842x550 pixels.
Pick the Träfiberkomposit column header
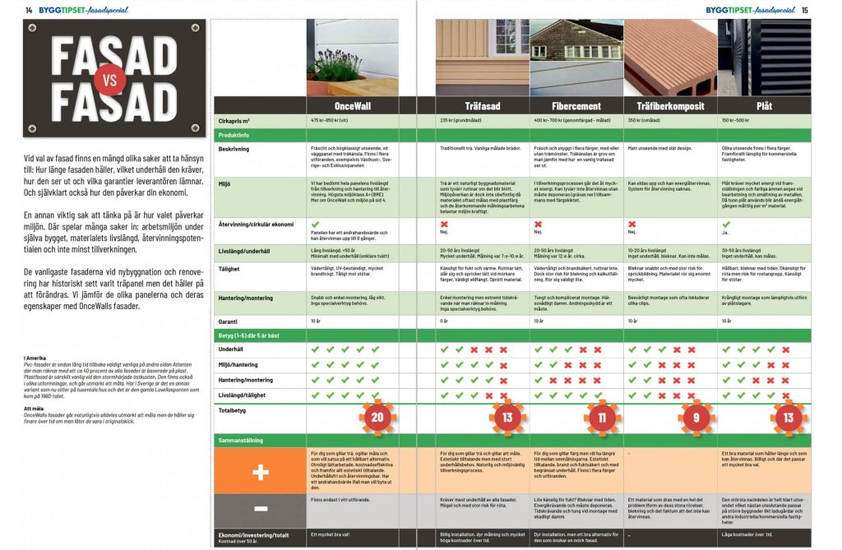(670, 106)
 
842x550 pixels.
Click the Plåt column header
(764, 106)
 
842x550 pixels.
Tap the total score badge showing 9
(695, 417)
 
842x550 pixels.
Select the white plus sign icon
(259, 472)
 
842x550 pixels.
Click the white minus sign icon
(259, 508)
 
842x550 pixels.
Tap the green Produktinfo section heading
(235, 134)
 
